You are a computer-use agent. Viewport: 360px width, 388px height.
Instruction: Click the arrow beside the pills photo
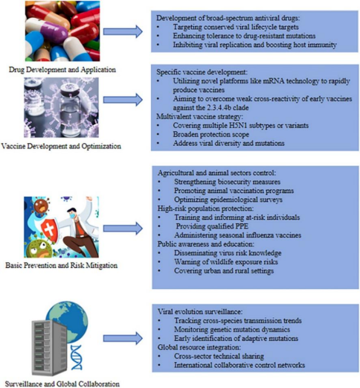tap(123, 32)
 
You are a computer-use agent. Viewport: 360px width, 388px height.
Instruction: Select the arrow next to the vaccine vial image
tap(123, 100)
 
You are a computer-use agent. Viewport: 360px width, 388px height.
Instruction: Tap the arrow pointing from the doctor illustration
tap(123, 229)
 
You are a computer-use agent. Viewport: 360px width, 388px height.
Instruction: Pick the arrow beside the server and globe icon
tap(123, 338)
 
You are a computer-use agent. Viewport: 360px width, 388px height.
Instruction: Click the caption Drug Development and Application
tap(62, 70)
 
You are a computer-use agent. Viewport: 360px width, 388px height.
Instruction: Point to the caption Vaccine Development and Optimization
tap(61, 146)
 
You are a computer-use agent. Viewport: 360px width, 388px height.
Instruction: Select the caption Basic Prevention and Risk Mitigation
tap(62, 265)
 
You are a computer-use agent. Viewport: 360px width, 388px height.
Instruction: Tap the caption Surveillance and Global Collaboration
tap(62, 384)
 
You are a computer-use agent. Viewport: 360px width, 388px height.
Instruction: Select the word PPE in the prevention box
tap(242, 226)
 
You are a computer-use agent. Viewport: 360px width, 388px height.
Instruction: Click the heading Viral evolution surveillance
tap(200, 311)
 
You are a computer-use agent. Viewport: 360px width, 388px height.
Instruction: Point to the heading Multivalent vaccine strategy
tap(200, 117)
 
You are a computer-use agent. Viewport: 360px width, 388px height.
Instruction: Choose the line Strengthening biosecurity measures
tap(227, 182)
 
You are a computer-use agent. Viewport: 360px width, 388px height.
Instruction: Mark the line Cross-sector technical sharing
tap(219, 356)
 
